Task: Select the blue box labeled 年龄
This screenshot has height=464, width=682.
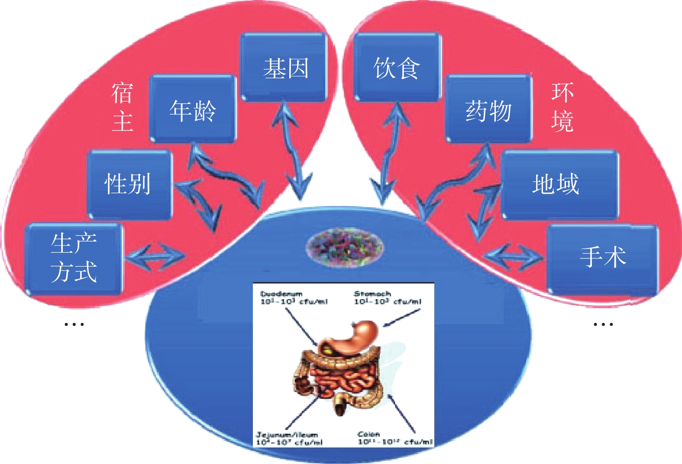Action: pyautogui.click(x=193, y=109)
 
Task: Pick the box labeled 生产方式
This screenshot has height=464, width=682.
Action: pyautogui.click(x=74, y=258)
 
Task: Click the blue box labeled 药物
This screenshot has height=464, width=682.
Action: pyautogui.click(x=488, y=109)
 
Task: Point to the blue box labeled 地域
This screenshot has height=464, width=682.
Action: pyautogui.click(x=559, y=184)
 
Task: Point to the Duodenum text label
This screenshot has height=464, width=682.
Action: pyautogui.click(x=281, y=294)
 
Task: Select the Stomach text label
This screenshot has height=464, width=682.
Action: pyautogui.click(x=372, y=293)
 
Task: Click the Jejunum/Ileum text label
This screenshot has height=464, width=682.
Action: pyautogui.click(x=287, y=435)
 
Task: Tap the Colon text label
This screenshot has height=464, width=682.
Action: pyautogui.click(x=368, y=434)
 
